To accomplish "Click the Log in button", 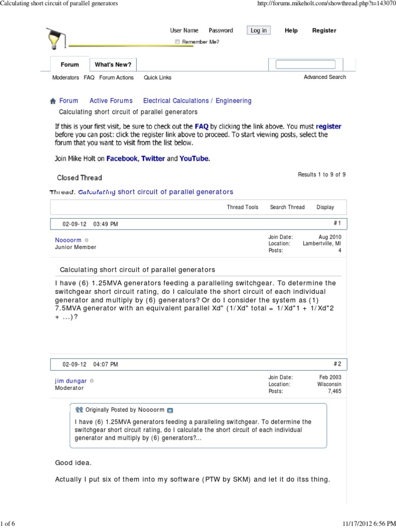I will pyautogui.click(x=258, y=30).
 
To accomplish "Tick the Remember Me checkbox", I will pyautogui.click(x=177, y=42).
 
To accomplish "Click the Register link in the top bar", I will pyautogui.click(x=324, y=30).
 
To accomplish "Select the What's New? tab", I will pyautogui.click(x=113, y=64).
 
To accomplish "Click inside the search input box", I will pyautogui.click(x=305, y=64).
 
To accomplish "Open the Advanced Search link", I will pyautogui.click(x=325, y=77).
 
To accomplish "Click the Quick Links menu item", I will pyautogui.click(x=157, y=77).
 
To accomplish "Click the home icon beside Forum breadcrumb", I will pyautogui.click(x=53, y=101).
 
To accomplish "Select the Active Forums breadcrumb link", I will pyautogui.click(x=111, y=101).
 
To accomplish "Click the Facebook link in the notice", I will pyautogui.click(x=121, y=158).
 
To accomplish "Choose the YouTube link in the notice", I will pyautogui.click(x=194, y=158).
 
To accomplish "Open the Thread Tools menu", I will pyautogui.click(x=242, y=207).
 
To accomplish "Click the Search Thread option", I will pyautogui.click(x=287, y=207).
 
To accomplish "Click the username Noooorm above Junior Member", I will pyautogui.click(x=68, y=240).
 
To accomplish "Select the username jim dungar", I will pyautogui.click(x=71, y=381).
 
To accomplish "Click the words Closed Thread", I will pyautogui.click(x=79, y=178).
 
